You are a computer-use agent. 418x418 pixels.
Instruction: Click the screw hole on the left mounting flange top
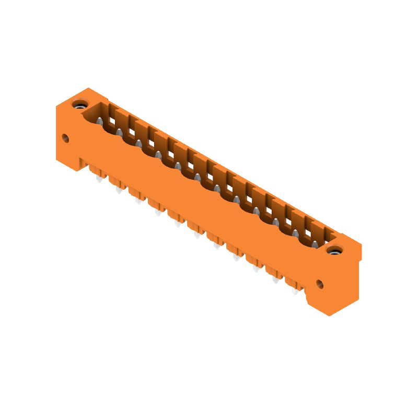(x=80, y=104)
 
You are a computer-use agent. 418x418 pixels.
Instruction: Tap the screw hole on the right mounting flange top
(x=333, y=250)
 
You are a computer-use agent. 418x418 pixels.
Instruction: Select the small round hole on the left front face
(x=65, y=138)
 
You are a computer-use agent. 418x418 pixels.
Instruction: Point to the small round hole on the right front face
(x=319, y=285)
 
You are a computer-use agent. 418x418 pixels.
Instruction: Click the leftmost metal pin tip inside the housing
(x=99, y=121)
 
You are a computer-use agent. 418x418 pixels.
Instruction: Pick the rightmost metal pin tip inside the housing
(x=315, y=244)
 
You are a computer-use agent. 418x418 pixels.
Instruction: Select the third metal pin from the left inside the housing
(x=138, y=143)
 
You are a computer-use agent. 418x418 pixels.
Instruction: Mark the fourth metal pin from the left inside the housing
(x=158, y=155)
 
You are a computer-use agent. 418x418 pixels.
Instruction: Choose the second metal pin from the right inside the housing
(x=295, y=233)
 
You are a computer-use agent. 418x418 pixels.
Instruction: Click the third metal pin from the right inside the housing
(x=275, y=222)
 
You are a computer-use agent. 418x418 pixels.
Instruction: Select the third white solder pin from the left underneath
(x=137, y=202)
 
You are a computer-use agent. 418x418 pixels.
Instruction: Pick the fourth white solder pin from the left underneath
(x=157, y=213)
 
